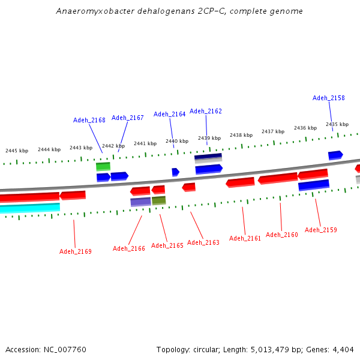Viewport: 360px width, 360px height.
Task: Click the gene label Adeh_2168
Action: pos(89,120)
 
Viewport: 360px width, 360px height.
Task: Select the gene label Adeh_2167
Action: pos(128,118)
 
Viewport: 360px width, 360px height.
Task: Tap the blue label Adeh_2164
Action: pos(170,114)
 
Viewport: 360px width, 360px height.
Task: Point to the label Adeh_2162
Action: pos(206,111)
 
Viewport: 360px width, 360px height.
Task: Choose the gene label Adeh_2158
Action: pos(329,98)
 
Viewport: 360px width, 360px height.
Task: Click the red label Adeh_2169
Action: pos(76,251)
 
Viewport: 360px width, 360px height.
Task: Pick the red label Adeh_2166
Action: pos(129,248)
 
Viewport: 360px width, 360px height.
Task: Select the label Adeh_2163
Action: pos(203,242)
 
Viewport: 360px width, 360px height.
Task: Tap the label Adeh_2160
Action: pos(282,235)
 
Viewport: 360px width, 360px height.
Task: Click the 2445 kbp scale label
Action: pos(17,151)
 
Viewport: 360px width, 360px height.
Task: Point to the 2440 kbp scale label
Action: pos(177,141)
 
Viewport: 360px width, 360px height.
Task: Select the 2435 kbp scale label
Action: pos(337,124)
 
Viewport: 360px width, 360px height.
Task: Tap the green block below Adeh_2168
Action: pos(103,166)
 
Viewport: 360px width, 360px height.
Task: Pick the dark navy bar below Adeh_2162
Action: pos(208,157)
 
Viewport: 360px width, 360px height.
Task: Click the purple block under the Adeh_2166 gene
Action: pos(140,202)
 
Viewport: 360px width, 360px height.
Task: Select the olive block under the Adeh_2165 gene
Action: pos(159,200)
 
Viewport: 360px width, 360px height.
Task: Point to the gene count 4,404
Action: pos(344,349)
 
